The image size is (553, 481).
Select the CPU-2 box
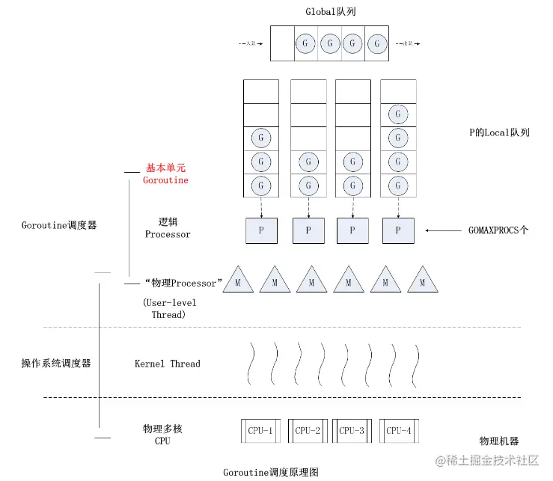point(308,430)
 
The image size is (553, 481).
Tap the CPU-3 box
point(352,430)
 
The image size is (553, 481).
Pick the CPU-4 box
point(398,430)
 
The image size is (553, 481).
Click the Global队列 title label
point(329,11)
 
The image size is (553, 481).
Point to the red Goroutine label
point(165,180)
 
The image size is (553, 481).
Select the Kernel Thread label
point(168,364)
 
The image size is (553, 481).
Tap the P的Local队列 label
point(495,132)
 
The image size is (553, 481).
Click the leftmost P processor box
point(260,230)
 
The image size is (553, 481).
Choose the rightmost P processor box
point(398,230)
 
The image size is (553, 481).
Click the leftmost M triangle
point(238,281)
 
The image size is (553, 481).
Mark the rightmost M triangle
point(422,281)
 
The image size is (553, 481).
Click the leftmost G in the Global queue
point(305,43)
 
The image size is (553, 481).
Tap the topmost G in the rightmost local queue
point(398,115)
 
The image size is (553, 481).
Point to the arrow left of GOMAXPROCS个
point(446,230)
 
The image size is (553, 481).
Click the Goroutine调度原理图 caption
point(271,472)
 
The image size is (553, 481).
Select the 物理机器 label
point(499,441)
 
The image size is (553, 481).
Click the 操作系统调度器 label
point(56,364)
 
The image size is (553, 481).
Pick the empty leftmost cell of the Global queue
point(282,43)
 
